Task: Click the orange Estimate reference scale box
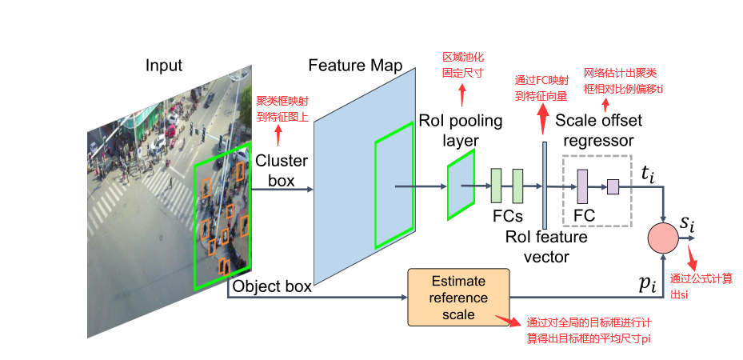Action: coord(458,297)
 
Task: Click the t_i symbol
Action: coord(649,174)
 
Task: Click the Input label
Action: coord(163,66)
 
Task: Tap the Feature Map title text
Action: coord(354,66)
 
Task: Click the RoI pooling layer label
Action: coord(461,130)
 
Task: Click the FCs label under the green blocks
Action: coord(507,216)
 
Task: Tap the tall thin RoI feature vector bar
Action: coord(545,185)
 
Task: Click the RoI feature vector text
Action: coord(546,246)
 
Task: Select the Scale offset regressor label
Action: coord(599,130)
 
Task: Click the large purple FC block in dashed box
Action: coord(582,186)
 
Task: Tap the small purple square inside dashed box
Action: coord(613,186)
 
